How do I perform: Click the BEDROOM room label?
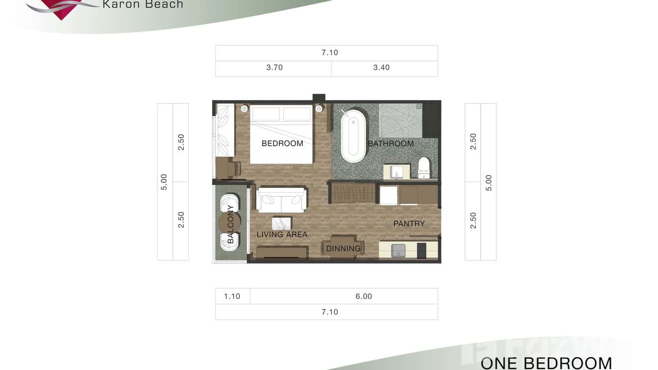point(282,143)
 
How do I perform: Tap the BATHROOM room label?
point(391,143)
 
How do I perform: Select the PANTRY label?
point(409,223)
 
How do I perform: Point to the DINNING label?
point(343,248)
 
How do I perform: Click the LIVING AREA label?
point(282,235)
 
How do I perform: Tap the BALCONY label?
point(230,224)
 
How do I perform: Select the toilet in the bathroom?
point(424,168)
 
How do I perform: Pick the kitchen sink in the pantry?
point(398,250)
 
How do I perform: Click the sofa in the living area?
point(281,200)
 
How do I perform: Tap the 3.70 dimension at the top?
point(274,68)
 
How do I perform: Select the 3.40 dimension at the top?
point(381,68)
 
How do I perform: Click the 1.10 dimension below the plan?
point(232,296)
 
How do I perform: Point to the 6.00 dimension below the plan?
point(364,296)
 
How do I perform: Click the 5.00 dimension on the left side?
point(164,182)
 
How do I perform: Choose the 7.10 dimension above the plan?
point(329,53)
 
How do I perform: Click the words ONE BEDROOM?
point(546,363)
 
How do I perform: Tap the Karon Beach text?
point(143,4)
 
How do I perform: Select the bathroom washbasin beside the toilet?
point(397,172)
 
